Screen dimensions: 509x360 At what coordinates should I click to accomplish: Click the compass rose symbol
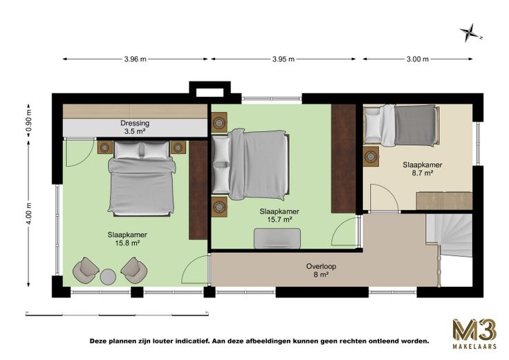(x=469, y=32)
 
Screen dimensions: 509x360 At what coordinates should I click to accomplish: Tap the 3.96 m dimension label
(x=135, y=59)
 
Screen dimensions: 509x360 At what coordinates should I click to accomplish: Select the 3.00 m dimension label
(x=418, y=59)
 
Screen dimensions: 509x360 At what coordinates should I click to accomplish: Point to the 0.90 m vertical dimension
(x=29, y=121)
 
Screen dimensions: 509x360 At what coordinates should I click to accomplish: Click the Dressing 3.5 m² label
(x=135, y=127)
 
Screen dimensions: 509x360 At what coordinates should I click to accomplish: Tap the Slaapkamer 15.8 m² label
(x=127, y=238)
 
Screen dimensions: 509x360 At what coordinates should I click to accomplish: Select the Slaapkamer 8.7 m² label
(x=423, y=169)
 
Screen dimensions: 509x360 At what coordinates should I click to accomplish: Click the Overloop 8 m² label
(x=321, y=270)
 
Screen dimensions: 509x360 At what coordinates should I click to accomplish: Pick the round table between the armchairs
(x=108, y=277)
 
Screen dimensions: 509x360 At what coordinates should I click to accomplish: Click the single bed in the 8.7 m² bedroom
(x=402, y=125)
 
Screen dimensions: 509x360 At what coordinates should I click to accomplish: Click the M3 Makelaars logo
(x=474, y=334)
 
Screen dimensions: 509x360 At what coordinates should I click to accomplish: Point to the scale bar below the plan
(x=117, y=314)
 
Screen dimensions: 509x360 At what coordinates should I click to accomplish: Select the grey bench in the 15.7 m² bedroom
(x=277, y=238)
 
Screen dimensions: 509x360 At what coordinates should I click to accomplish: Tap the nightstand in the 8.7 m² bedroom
(x=371, y=156)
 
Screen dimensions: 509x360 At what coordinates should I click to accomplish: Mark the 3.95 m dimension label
(x=284, y=59)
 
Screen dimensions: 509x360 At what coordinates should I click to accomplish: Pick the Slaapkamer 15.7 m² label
(x=279, y=216)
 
